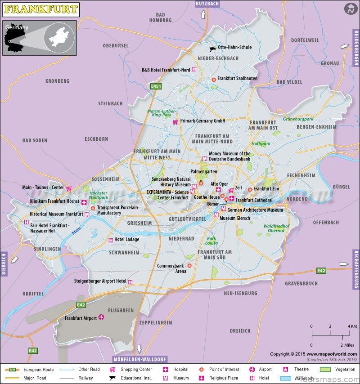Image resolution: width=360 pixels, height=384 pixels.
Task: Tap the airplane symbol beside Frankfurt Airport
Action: click(x=101, y=318)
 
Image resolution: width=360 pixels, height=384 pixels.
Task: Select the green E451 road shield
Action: click(x=156, y=86)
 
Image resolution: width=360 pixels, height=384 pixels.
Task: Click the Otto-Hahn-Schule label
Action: click(x=234, y=47)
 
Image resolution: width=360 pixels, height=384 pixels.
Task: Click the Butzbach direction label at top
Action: click(x=207, y=4)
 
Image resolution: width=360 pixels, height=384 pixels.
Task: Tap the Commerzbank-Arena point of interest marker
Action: click(x=189, y=266)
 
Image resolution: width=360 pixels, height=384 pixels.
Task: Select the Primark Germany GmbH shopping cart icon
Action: click(x=175, y=121)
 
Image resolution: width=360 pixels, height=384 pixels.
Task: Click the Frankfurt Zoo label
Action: click(x=266, y=189)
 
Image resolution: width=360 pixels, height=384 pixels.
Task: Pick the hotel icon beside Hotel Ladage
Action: click(x=111, y=240)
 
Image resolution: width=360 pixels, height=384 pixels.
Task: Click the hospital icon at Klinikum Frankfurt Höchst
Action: click(x=84, y=202)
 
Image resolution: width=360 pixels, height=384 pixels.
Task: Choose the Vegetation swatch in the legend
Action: click(x=325, y=370)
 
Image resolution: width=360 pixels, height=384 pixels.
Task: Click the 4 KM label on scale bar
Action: click(x=352, y=326)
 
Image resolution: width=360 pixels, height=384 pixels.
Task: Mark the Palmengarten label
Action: click(x=203, y=172)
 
